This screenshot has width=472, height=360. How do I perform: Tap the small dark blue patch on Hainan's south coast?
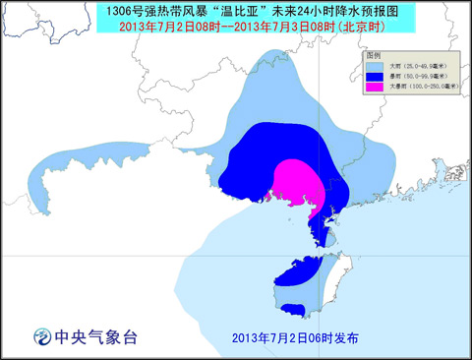pyautogui.click(x=292, y=311)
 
